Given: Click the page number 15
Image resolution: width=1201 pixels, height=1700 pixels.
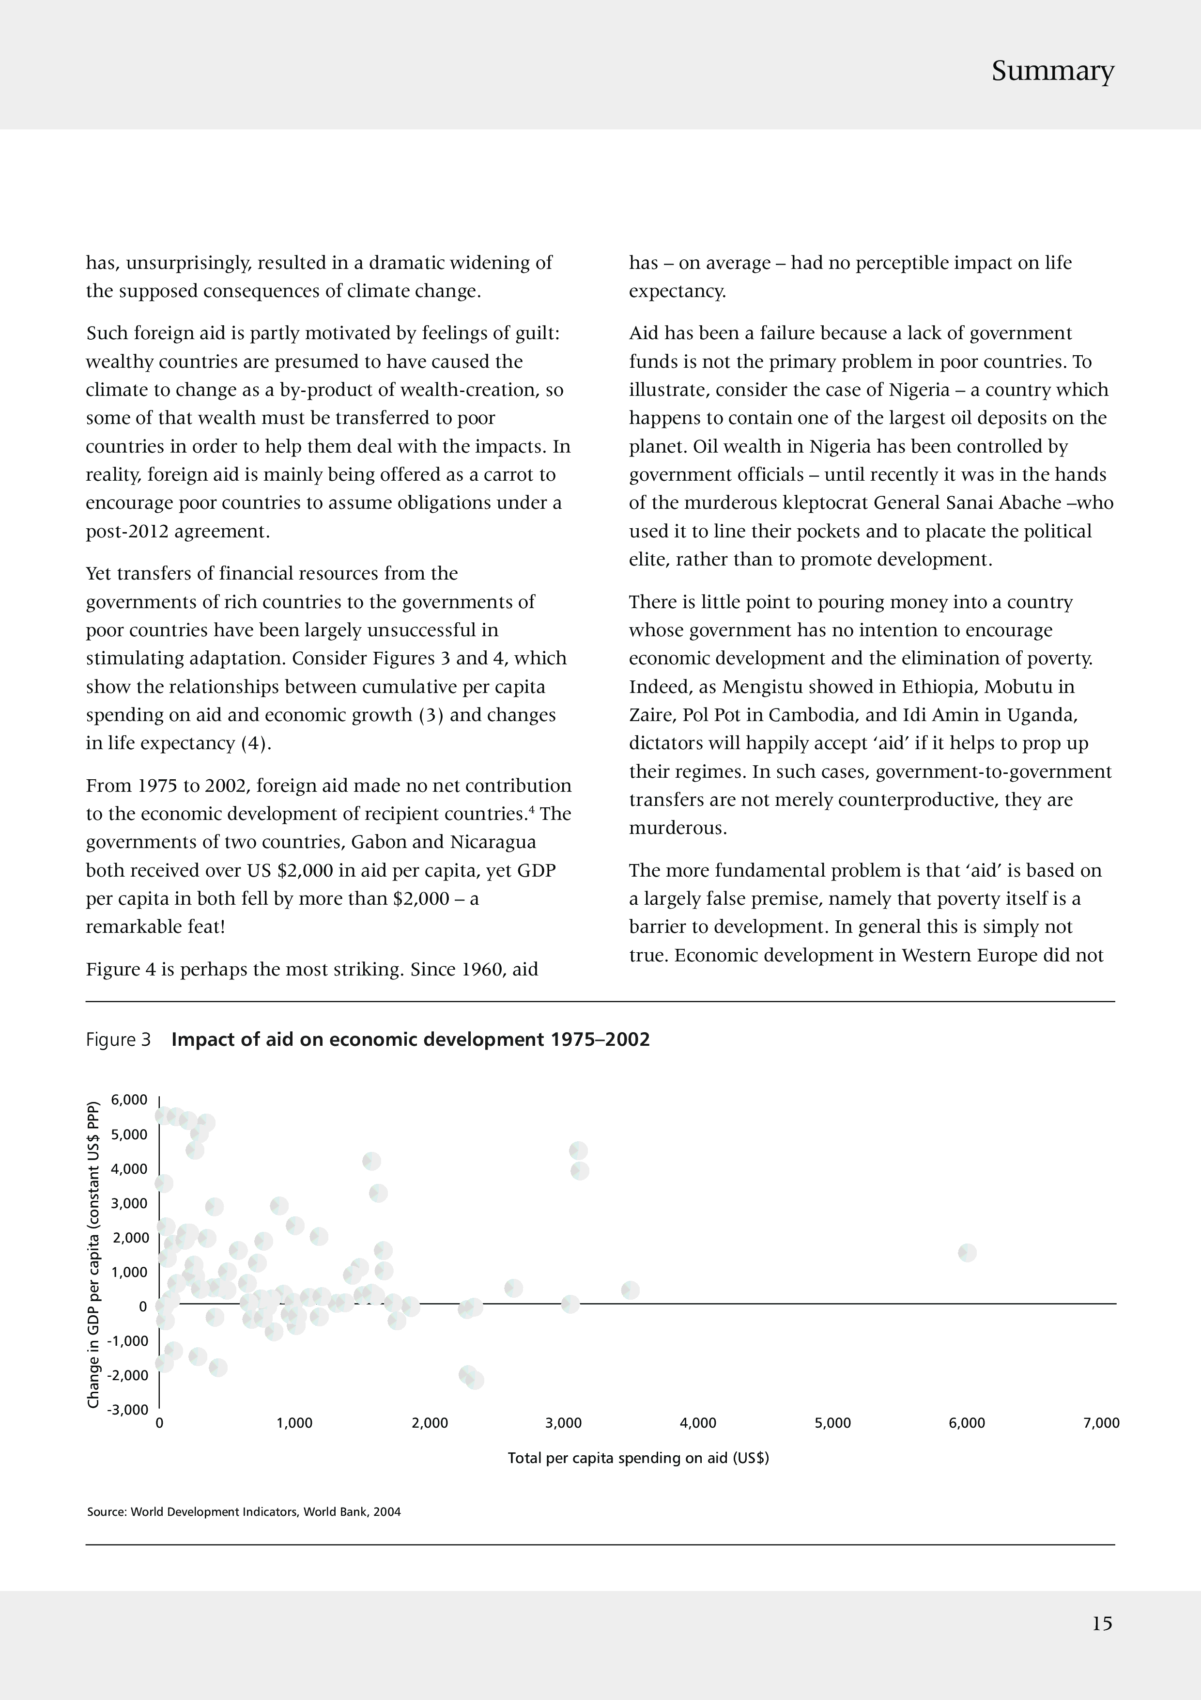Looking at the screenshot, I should click(1102, 1624).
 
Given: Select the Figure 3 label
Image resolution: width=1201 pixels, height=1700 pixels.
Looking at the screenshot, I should click(118, 1039).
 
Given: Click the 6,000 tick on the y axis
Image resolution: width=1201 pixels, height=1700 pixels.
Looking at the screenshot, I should click(129, 1100).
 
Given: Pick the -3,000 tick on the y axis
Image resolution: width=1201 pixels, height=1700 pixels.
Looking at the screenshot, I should click(128, 1409).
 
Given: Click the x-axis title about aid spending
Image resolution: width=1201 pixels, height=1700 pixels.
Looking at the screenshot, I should click(638, 1458).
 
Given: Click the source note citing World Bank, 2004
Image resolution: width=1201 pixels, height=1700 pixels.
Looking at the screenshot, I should click(244, 1512).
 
